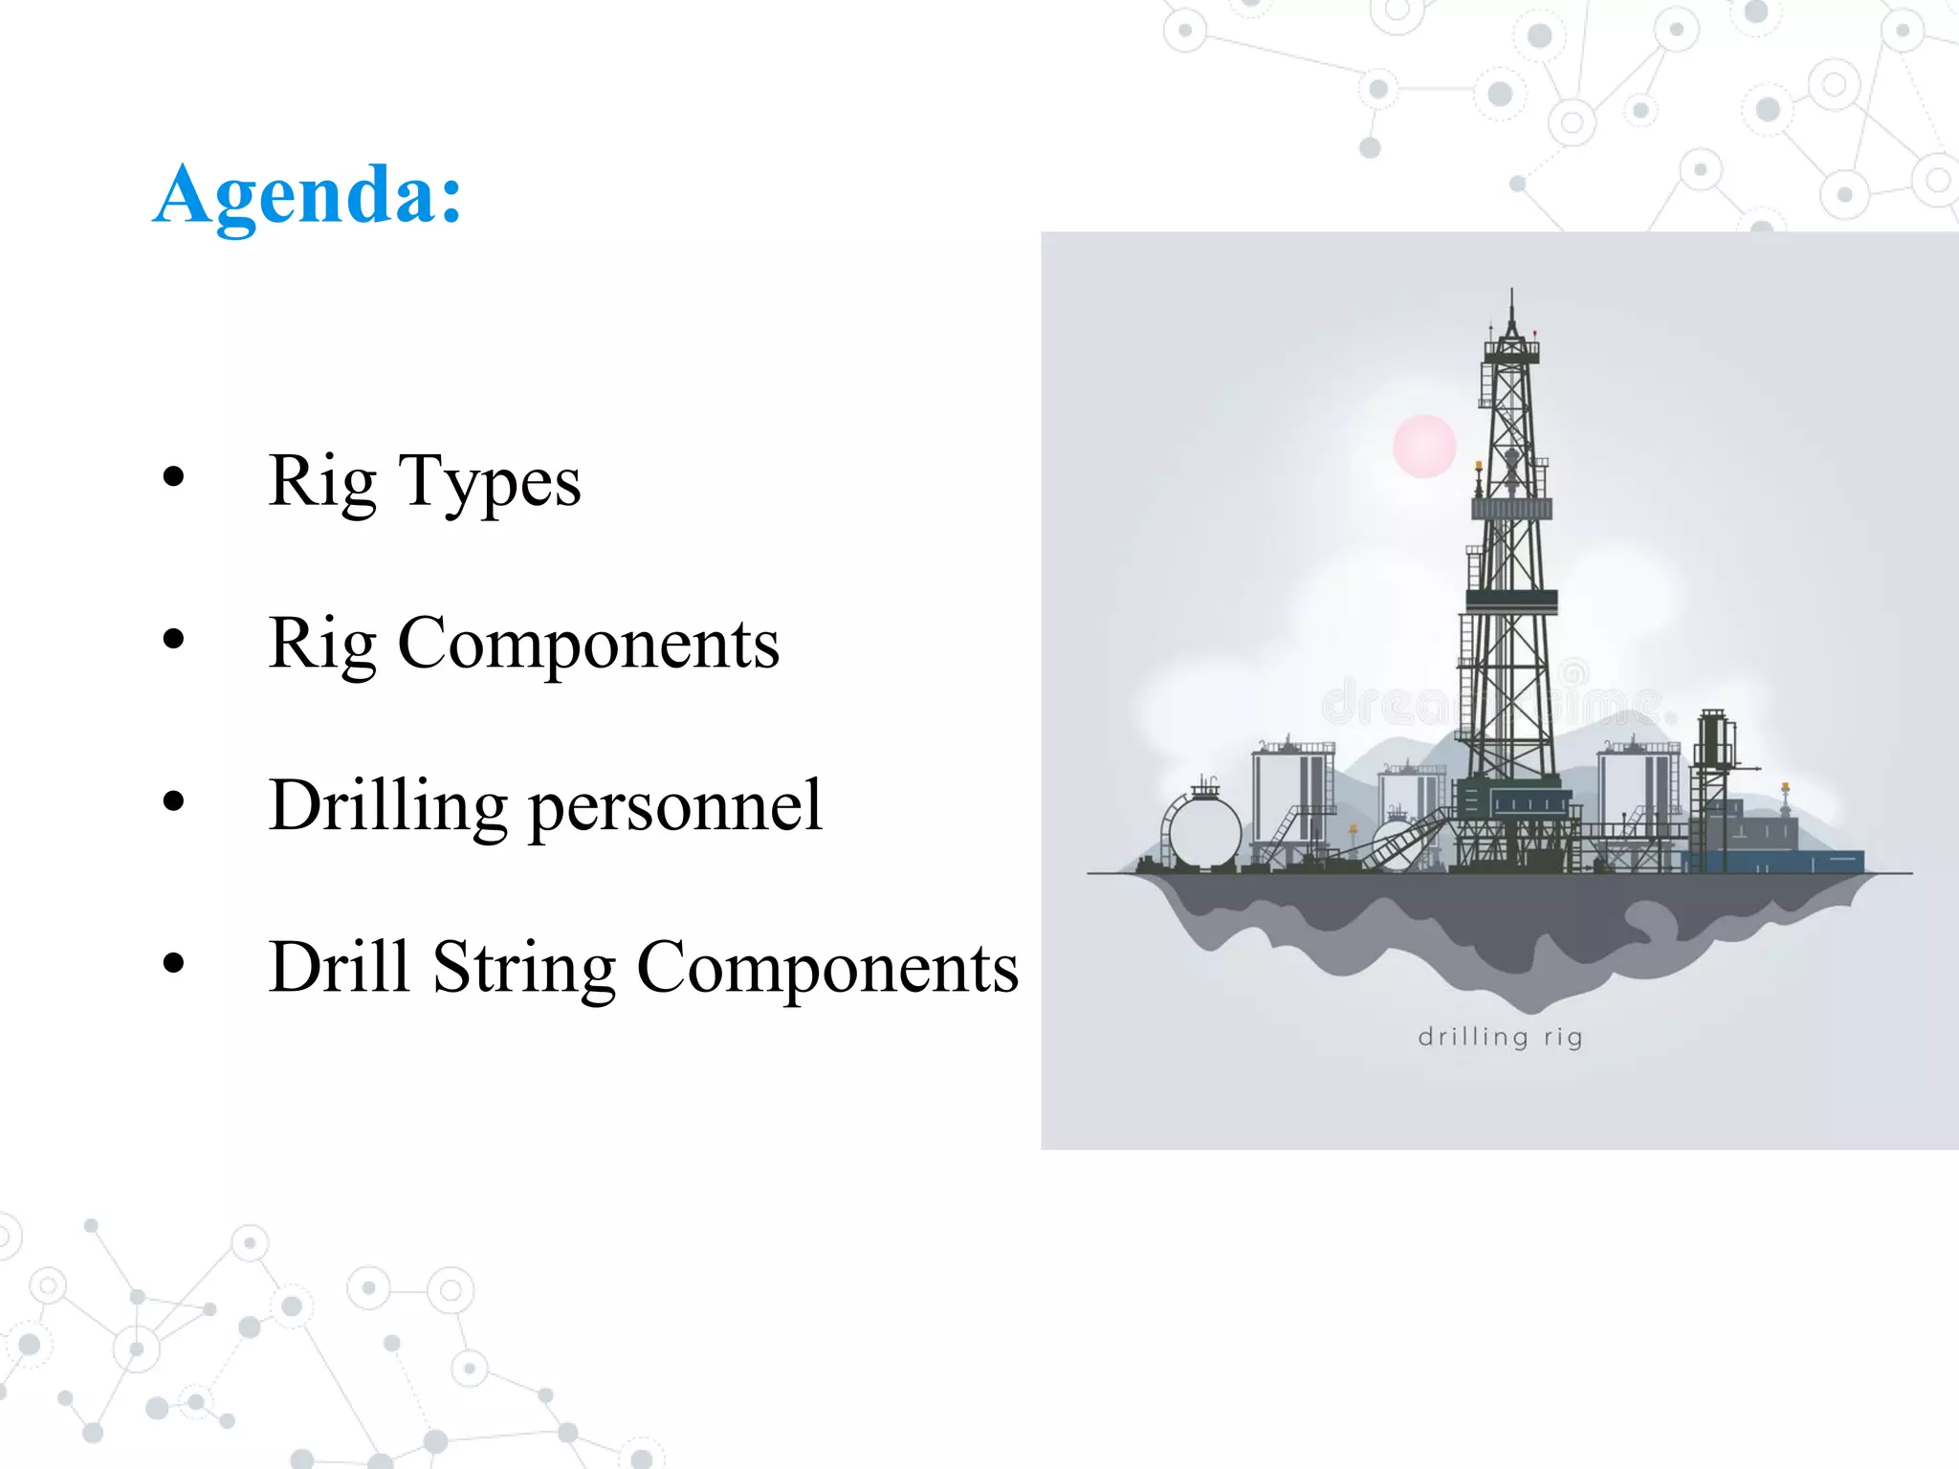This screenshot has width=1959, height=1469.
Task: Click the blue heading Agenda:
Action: coord(307,196)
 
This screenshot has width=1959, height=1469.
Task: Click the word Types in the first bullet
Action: coord(489,482)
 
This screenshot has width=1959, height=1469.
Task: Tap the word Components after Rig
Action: coord(587,644)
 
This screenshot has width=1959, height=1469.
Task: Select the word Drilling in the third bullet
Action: coord(387,806)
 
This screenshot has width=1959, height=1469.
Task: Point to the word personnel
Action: coord(674,806)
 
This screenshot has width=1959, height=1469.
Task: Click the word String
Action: coord(523,968)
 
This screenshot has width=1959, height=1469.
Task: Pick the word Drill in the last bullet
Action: coord(340,968)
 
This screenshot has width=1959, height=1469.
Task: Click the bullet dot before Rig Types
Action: coord(173,476)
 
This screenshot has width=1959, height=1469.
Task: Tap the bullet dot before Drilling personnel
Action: coord(173,800)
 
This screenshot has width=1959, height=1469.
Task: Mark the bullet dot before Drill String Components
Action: coord(173,963)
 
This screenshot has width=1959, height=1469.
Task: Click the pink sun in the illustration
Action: coord(1424,446)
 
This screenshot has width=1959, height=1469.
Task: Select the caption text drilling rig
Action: coord(1500,1038)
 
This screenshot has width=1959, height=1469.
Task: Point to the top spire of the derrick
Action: coord(1511,306)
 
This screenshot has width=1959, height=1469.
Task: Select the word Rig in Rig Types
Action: coord(322,482)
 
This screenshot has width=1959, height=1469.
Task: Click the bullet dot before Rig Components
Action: coord(173,639)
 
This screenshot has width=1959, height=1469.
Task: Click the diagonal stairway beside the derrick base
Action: coord(1406,839)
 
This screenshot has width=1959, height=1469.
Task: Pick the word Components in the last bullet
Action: coord(826,968)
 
